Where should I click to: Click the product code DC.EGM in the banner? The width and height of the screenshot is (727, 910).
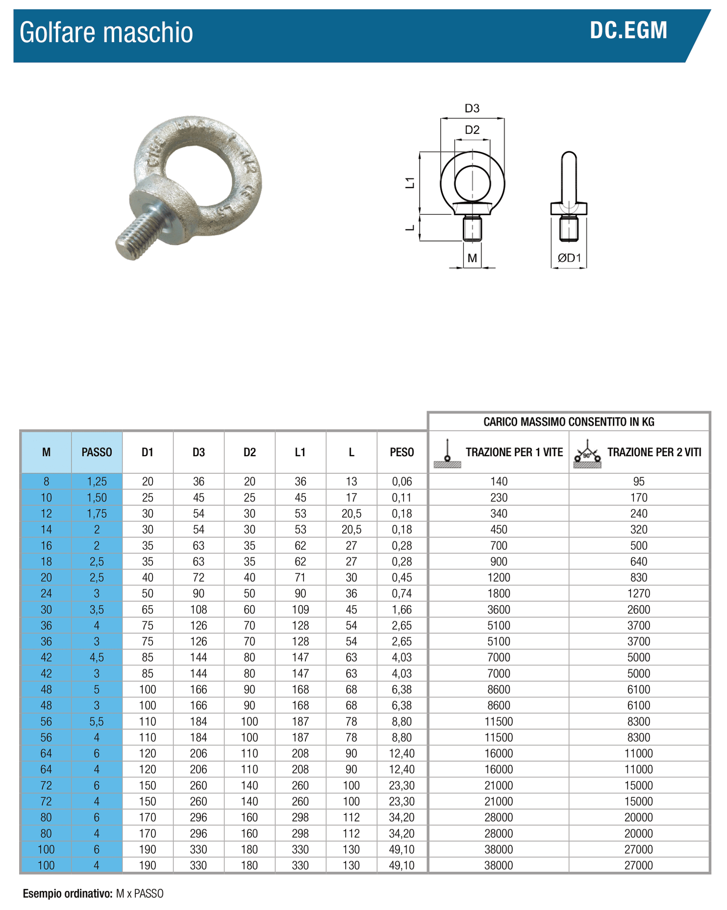click(628, 31)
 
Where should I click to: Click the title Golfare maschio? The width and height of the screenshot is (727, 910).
click(106, 33)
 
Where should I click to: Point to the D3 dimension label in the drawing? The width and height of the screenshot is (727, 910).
click(471, 108)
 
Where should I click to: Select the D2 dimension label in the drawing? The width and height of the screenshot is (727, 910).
click(472, 130)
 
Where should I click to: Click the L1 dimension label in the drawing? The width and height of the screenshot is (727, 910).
click(411, 182)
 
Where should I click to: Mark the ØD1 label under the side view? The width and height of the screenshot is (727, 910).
click(569, 258)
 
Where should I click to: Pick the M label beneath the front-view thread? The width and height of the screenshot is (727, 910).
click(472, 258)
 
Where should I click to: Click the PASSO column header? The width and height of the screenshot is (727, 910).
click(97, 452)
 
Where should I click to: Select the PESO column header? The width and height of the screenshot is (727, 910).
click(401, 452)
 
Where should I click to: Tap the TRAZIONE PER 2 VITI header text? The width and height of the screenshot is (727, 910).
click(654, 452)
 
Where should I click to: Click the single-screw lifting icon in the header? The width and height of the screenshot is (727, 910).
click(447, 453)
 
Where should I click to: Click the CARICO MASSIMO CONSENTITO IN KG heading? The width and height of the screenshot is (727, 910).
click(569, 422)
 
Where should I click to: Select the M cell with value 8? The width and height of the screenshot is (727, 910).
click(46, 481)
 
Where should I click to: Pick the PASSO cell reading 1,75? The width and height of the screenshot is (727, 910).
click(97, 514)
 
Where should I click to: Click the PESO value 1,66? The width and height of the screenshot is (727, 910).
click(401, 610)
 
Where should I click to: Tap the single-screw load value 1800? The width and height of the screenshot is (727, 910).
click(499, 594)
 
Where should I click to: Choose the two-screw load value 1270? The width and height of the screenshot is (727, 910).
click(638, 594)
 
